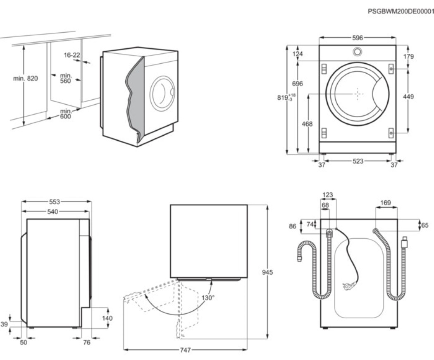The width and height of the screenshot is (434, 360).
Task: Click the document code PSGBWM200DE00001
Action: coord(400,12)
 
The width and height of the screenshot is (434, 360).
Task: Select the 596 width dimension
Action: coord(358,38)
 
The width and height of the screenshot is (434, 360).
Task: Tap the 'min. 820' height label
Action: coord(26,78)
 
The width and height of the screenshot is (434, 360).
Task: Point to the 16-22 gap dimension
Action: coord(72,55)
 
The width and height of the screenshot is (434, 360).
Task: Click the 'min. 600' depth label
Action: coord(66,114)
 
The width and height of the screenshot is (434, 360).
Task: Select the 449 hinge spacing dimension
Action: coord(408,96)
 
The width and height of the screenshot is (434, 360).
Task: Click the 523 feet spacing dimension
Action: coord(358,161)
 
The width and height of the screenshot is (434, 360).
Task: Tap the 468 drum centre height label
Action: coord(308,123)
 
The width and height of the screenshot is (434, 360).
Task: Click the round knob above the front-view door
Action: coord(357,52)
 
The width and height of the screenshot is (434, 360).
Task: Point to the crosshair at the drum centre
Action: coord(358,94)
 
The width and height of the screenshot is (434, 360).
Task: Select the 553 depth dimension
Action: coord(55,202)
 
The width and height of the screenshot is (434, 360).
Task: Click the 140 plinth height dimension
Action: coord(107,318)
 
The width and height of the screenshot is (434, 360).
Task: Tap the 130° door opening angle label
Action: coord(208,298)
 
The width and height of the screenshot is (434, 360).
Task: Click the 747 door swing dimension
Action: coord(186,350)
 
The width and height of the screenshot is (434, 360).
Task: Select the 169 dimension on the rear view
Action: coord(385,203)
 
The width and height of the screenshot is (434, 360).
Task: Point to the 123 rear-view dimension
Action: coord(327,195)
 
